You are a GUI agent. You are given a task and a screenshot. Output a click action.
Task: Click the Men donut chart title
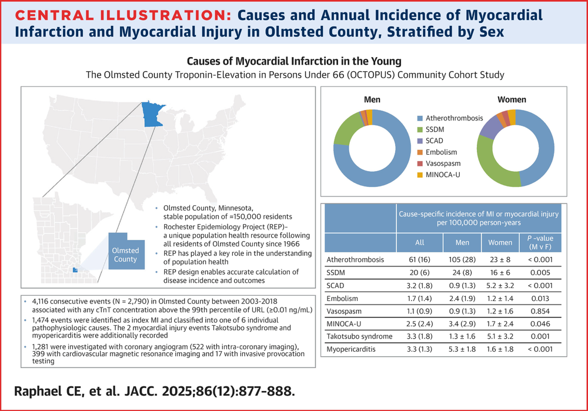click(x=372, y=100)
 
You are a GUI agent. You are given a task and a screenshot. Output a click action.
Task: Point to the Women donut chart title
click(x=511, y=100)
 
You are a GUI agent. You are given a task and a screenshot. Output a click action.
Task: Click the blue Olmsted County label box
click(x=125, y=255)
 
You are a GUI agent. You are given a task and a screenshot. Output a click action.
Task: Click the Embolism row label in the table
click(x=345, y=297)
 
